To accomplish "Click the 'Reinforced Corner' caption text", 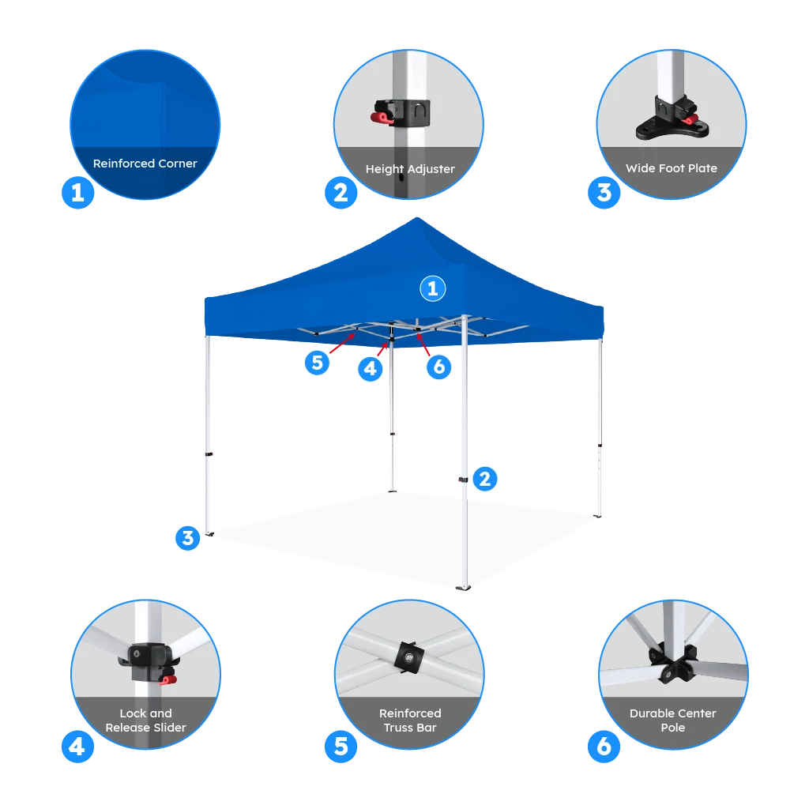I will tap(145, 164).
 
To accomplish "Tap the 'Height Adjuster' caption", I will tap(410, 168).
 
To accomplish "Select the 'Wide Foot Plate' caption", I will tap(672, 167).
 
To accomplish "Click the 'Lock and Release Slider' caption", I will tap(146, 720).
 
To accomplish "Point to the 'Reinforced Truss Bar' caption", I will tap(410, 720).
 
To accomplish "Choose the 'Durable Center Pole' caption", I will tap(673, 720).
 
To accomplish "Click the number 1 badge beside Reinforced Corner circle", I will tap(77, 192).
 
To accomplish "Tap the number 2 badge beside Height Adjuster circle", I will tap(341, 192).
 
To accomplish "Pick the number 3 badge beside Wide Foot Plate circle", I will tap(604, 192).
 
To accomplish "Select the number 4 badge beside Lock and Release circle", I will tap(77, 746).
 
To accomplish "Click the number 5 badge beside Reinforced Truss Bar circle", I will tap(341, 746).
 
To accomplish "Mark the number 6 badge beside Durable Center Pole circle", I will tap(604, 746).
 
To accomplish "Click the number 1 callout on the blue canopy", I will tap(432, 289).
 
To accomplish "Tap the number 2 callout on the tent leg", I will tap(484, 478).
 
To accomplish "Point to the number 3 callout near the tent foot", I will tap(187, 538).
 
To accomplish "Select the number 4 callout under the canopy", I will tap(371, 367).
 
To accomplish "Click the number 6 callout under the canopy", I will tap(439, 367).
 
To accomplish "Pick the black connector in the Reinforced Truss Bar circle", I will tap(410, 657).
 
